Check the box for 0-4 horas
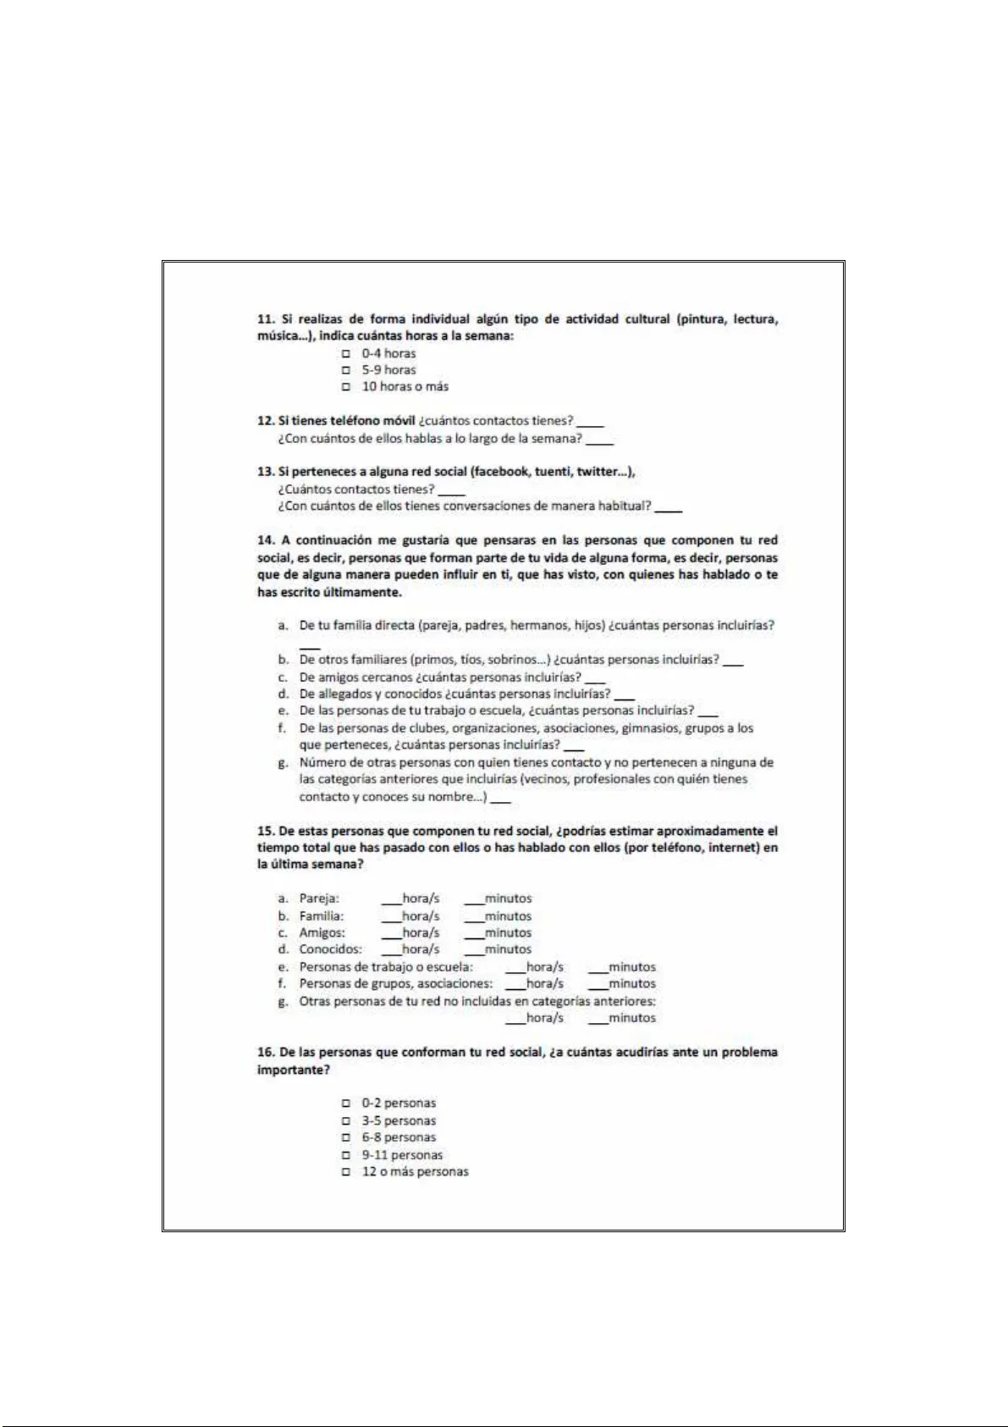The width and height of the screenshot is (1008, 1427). [345, 354]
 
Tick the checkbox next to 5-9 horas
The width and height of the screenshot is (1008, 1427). [345, 370]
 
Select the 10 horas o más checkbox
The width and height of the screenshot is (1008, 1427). [345, 387]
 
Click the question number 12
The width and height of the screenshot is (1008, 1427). [265, 421]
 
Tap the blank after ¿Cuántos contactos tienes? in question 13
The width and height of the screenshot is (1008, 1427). [452, 491]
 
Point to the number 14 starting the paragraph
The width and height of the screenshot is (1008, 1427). [265, 540]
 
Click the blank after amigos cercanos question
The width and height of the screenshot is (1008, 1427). [595, 680]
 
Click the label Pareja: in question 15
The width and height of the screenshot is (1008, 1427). [319, 899]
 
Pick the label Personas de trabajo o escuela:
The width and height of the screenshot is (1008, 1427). [386, 967]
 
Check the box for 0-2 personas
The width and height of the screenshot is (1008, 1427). [345, 1103]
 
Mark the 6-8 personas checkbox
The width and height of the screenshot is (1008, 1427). [345, 1137]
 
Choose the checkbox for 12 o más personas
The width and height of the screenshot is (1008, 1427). [345, 1172]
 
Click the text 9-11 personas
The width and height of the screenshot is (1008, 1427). [402, 1155]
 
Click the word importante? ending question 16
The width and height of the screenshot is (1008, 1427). [293, 1070]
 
